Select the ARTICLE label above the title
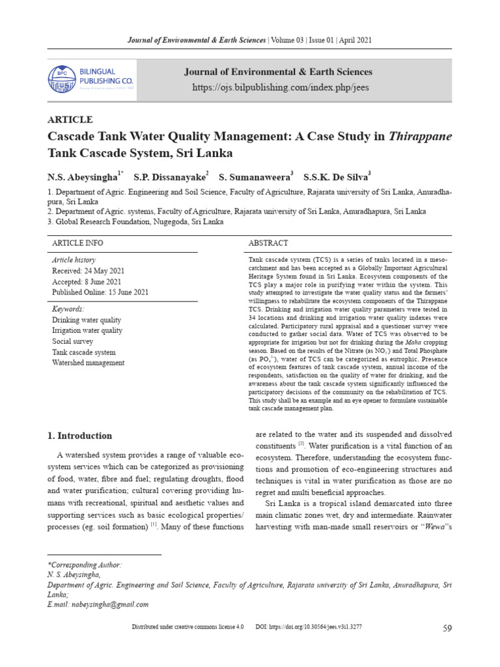tap(70, 119)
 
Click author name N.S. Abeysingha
tap(83, 177)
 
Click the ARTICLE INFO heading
tap(77, 243)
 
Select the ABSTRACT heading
tap(268, 243)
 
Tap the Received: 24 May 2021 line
tap(88, 271)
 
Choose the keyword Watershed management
tap(88, 363)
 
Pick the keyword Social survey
tap(72, 341)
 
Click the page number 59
tap(447, 628)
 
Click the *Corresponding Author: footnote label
tap(85, 565)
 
